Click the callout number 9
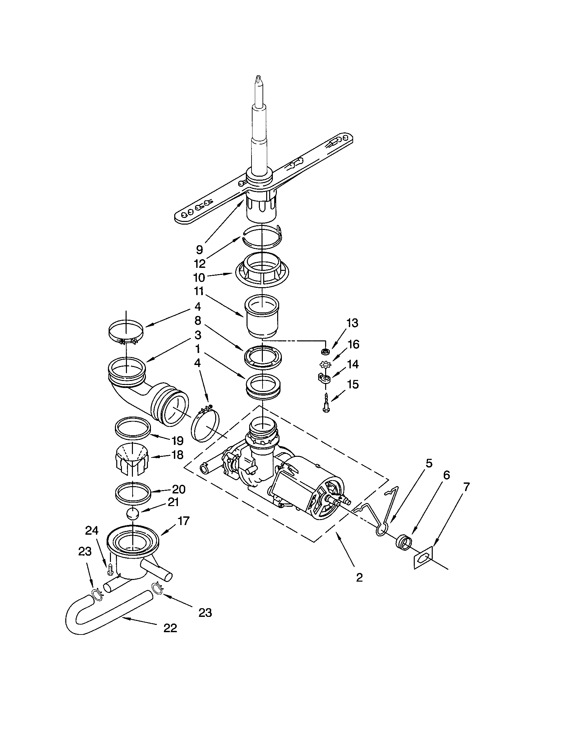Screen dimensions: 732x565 [x=199, y=249]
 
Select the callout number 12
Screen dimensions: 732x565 [x=200, y=264]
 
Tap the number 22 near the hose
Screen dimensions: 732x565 [x=170, y=628]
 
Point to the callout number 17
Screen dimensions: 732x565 [x=184, y=520]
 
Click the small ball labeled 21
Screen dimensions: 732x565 [x=133, y=513]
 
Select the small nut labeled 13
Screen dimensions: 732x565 [x=324, y=352]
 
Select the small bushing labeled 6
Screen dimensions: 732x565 [x=403, y=540]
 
